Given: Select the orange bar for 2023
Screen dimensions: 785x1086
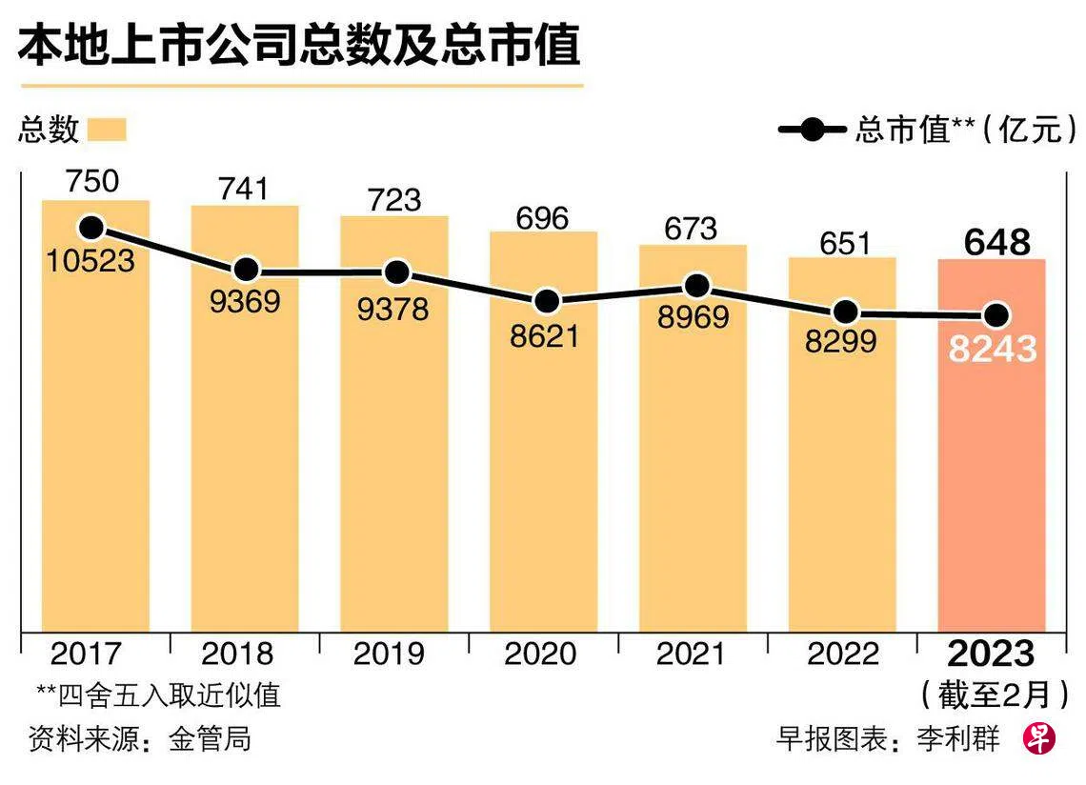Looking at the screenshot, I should (x=992, y=476).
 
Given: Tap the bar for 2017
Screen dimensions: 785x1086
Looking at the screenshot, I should (x=94, y=457).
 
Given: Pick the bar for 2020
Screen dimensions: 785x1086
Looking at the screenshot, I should (x=544, y=476).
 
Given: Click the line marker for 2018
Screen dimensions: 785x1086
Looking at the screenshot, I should (x=247, y=271).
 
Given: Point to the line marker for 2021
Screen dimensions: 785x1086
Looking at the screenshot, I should (x=697, y=286).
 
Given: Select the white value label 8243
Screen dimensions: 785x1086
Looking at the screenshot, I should (x=992, y=350).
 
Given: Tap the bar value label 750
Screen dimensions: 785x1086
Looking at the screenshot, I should (x=92, y=180).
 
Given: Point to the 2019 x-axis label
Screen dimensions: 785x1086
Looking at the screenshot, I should (x=394, y=654).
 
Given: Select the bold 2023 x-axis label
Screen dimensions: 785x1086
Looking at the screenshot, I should (x=991, y=654).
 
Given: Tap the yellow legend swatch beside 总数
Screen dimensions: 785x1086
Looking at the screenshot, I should (x=107, y=130).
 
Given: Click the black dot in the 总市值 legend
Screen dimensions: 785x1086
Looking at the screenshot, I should (x=813, y=130).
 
